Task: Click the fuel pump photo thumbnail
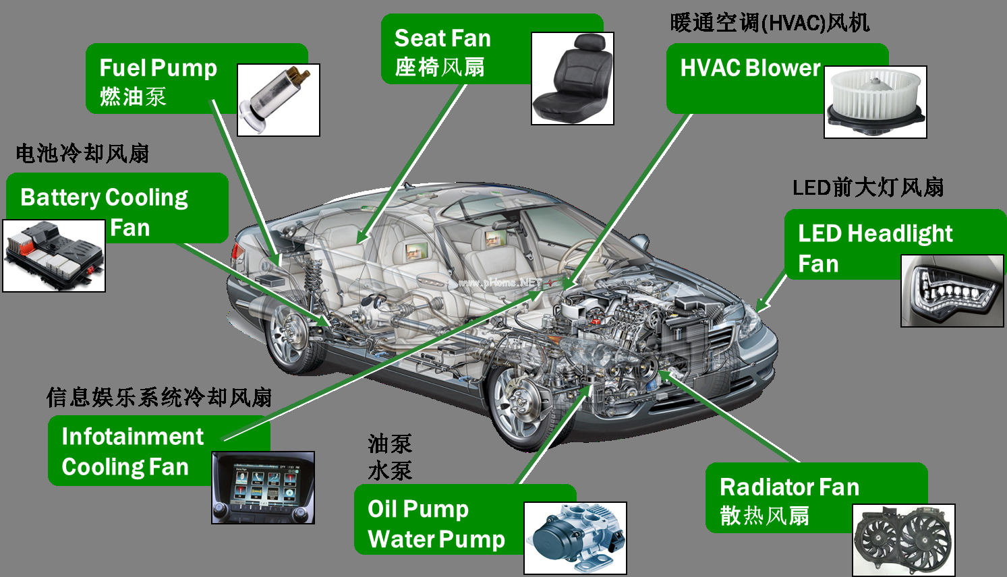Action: pos(279,100)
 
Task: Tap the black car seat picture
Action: pos(572,78)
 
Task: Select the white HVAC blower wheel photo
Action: pos(875,102)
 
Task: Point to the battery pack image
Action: pos(54,255)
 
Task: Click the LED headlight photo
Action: pos(952,291)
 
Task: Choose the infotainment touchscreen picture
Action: pos(263,487)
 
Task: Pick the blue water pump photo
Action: pos(575,538)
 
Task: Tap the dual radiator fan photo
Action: pos(904,540)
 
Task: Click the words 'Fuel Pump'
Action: pos(159,68)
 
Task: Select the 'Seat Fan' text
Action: pos(442,38)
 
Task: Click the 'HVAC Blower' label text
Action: pos(750,68)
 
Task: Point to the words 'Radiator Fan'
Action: pos(789,487)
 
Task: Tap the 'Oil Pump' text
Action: pos(418,510)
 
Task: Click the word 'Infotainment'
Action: pos(133,436)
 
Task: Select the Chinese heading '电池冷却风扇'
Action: pos(82,153)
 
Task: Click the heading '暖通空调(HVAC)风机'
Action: pos(770,22)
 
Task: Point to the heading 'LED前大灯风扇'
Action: pos(867,187)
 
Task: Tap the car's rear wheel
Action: pos(289,336)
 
